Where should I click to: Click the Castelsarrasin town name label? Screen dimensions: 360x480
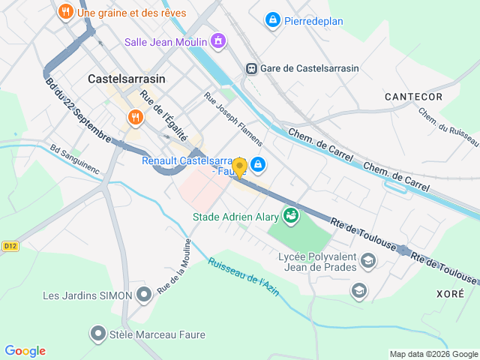pyautogui.click(x=126, y=78)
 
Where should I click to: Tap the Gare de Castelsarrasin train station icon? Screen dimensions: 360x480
pyautogui.click(x=252, y=68)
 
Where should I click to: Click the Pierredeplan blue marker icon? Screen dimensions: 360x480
pyautogui.click(x=273, y=20)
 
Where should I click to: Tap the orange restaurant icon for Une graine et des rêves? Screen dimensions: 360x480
pyautogui.click(x=66, y=12)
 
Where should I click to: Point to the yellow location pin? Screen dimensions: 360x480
pyautogui.click(x=239, y=167)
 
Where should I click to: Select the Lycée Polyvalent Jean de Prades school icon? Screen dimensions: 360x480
pyautogui.click(x=368, y=261)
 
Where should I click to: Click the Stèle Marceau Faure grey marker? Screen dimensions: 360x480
pyautogui.click(x=97, y=332)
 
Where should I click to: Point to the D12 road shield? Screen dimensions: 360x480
pyautogui.click(x=9, y=245)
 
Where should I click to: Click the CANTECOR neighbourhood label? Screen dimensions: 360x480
pyautogui.click(x=413, y=97)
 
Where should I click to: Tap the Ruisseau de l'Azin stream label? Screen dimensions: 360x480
pyautogui.click(x=243, y=277)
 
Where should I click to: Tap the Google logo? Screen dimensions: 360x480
pyautogui.click(x=25, y=351)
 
